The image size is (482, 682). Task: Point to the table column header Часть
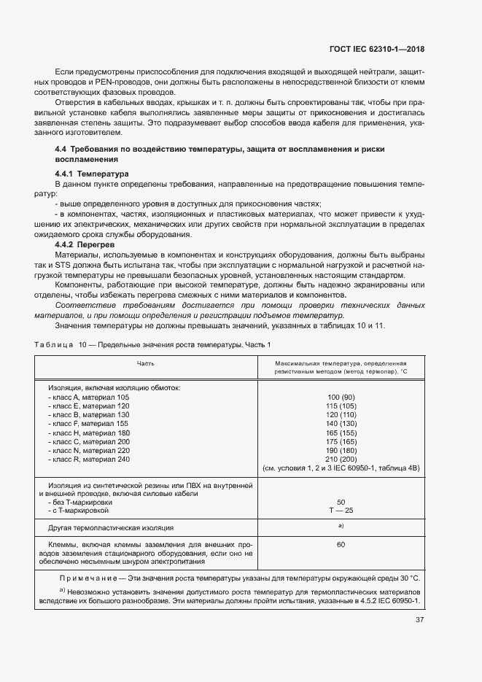click(145, 363)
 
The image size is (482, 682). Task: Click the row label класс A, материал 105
click(88, 397)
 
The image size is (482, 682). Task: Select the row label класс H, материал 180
click(88, 433)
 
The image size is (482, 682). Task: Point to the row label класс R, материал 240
click(88, 459)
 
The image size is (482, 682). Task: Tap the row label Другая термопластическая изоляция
click(111, 527)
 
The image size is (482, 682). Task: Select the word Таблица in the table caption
click(52, 344)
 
